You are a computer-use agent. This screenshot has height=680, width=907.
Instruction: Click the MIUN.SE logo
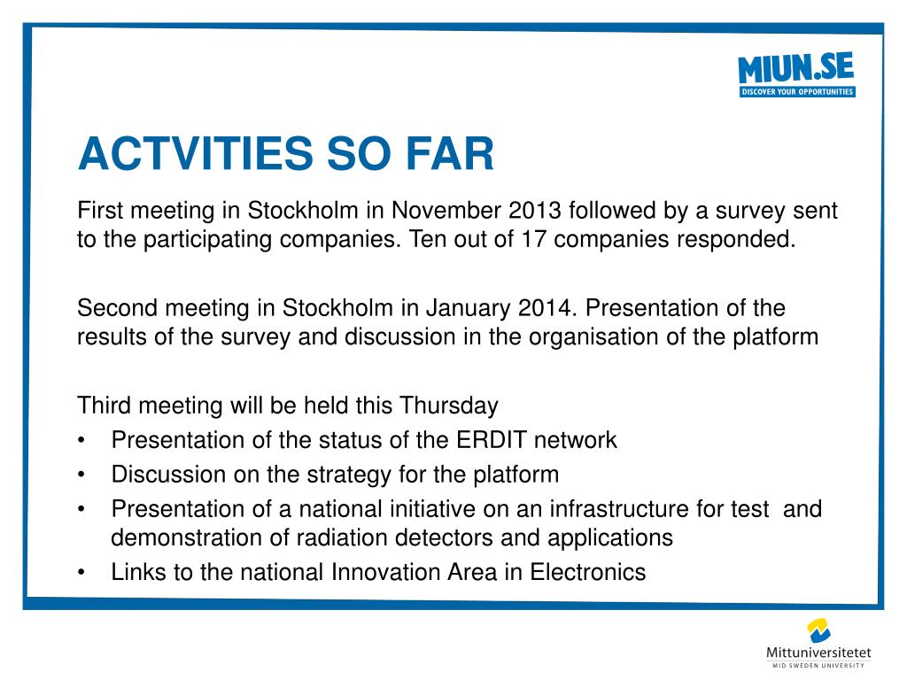pyautogui.click(x=796, y=74)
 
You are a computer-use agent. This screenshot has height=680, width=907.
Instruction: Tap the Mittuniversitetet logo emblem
pyautogui.click(x=818, y=630)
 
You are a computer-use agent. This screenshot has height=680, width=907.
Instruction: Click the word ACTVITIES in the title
pyautogui.click(x=196, y=154)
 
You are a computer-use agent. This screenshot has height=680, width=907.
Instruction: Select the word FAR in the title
pyautogui.click(x=450, y=154)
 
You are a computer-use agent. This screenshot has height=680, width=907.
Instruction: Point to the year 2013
pyautogui.click(x=535, y=211)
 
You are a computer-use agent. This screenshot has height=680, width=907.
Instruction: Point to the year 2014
pyautogui.click(x=547, y=307)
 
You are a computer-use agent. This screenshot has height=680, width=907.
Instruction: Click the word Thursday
pyautogui.click(x=449, y=406)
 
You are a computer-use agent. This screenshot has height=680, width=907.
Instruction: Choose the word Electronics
pyautogui.click(x=588, y=573)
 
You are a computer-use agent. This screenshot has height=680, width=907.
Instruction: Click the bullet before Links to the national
pyautogui.click(x=81, y=573)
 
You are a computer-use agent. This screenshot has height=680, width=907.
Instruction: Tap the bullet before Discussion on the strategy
pyautogui.click(x=81, y=475)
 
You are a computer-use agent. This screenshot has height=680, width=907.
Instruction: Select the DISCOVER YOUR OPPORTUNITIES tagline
pyautogui.click(x=797, y=92)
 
